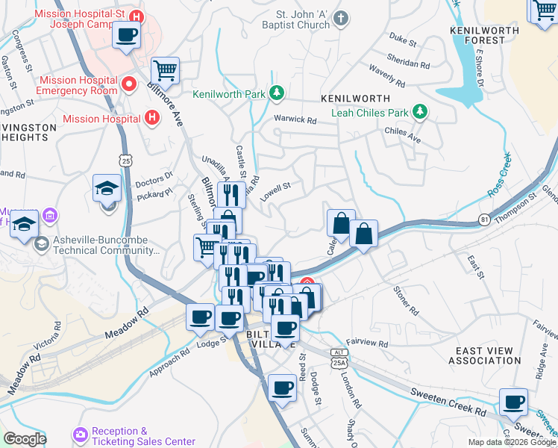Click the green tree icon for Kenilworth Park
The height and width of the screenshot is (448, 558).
(x=277, y=93)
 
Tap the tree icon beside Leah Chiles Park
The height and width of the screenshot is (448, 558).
(x=421, y=112)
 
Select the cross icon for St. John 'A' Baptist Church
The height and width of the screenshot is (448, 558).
(x=341, y=18)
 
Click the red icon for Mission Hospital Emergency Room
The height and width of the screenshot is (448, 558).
(x=129, y=84)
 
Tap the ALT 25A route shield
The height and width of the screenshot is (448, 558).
(x=339, y=357)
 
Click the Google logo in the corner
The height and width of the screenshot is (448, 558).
(x=25, y=439)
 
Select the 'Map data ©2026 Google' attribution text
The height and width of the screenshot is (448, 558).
(x=511, y=442)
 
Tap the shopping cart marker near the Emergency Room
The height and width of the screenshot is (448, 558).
(x=165, y=72)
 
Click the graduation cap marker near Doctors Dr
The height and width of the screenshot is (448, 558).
(x=107, y=188)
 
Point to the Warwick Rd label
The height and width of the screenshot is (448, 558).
(x=295, y=119)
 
